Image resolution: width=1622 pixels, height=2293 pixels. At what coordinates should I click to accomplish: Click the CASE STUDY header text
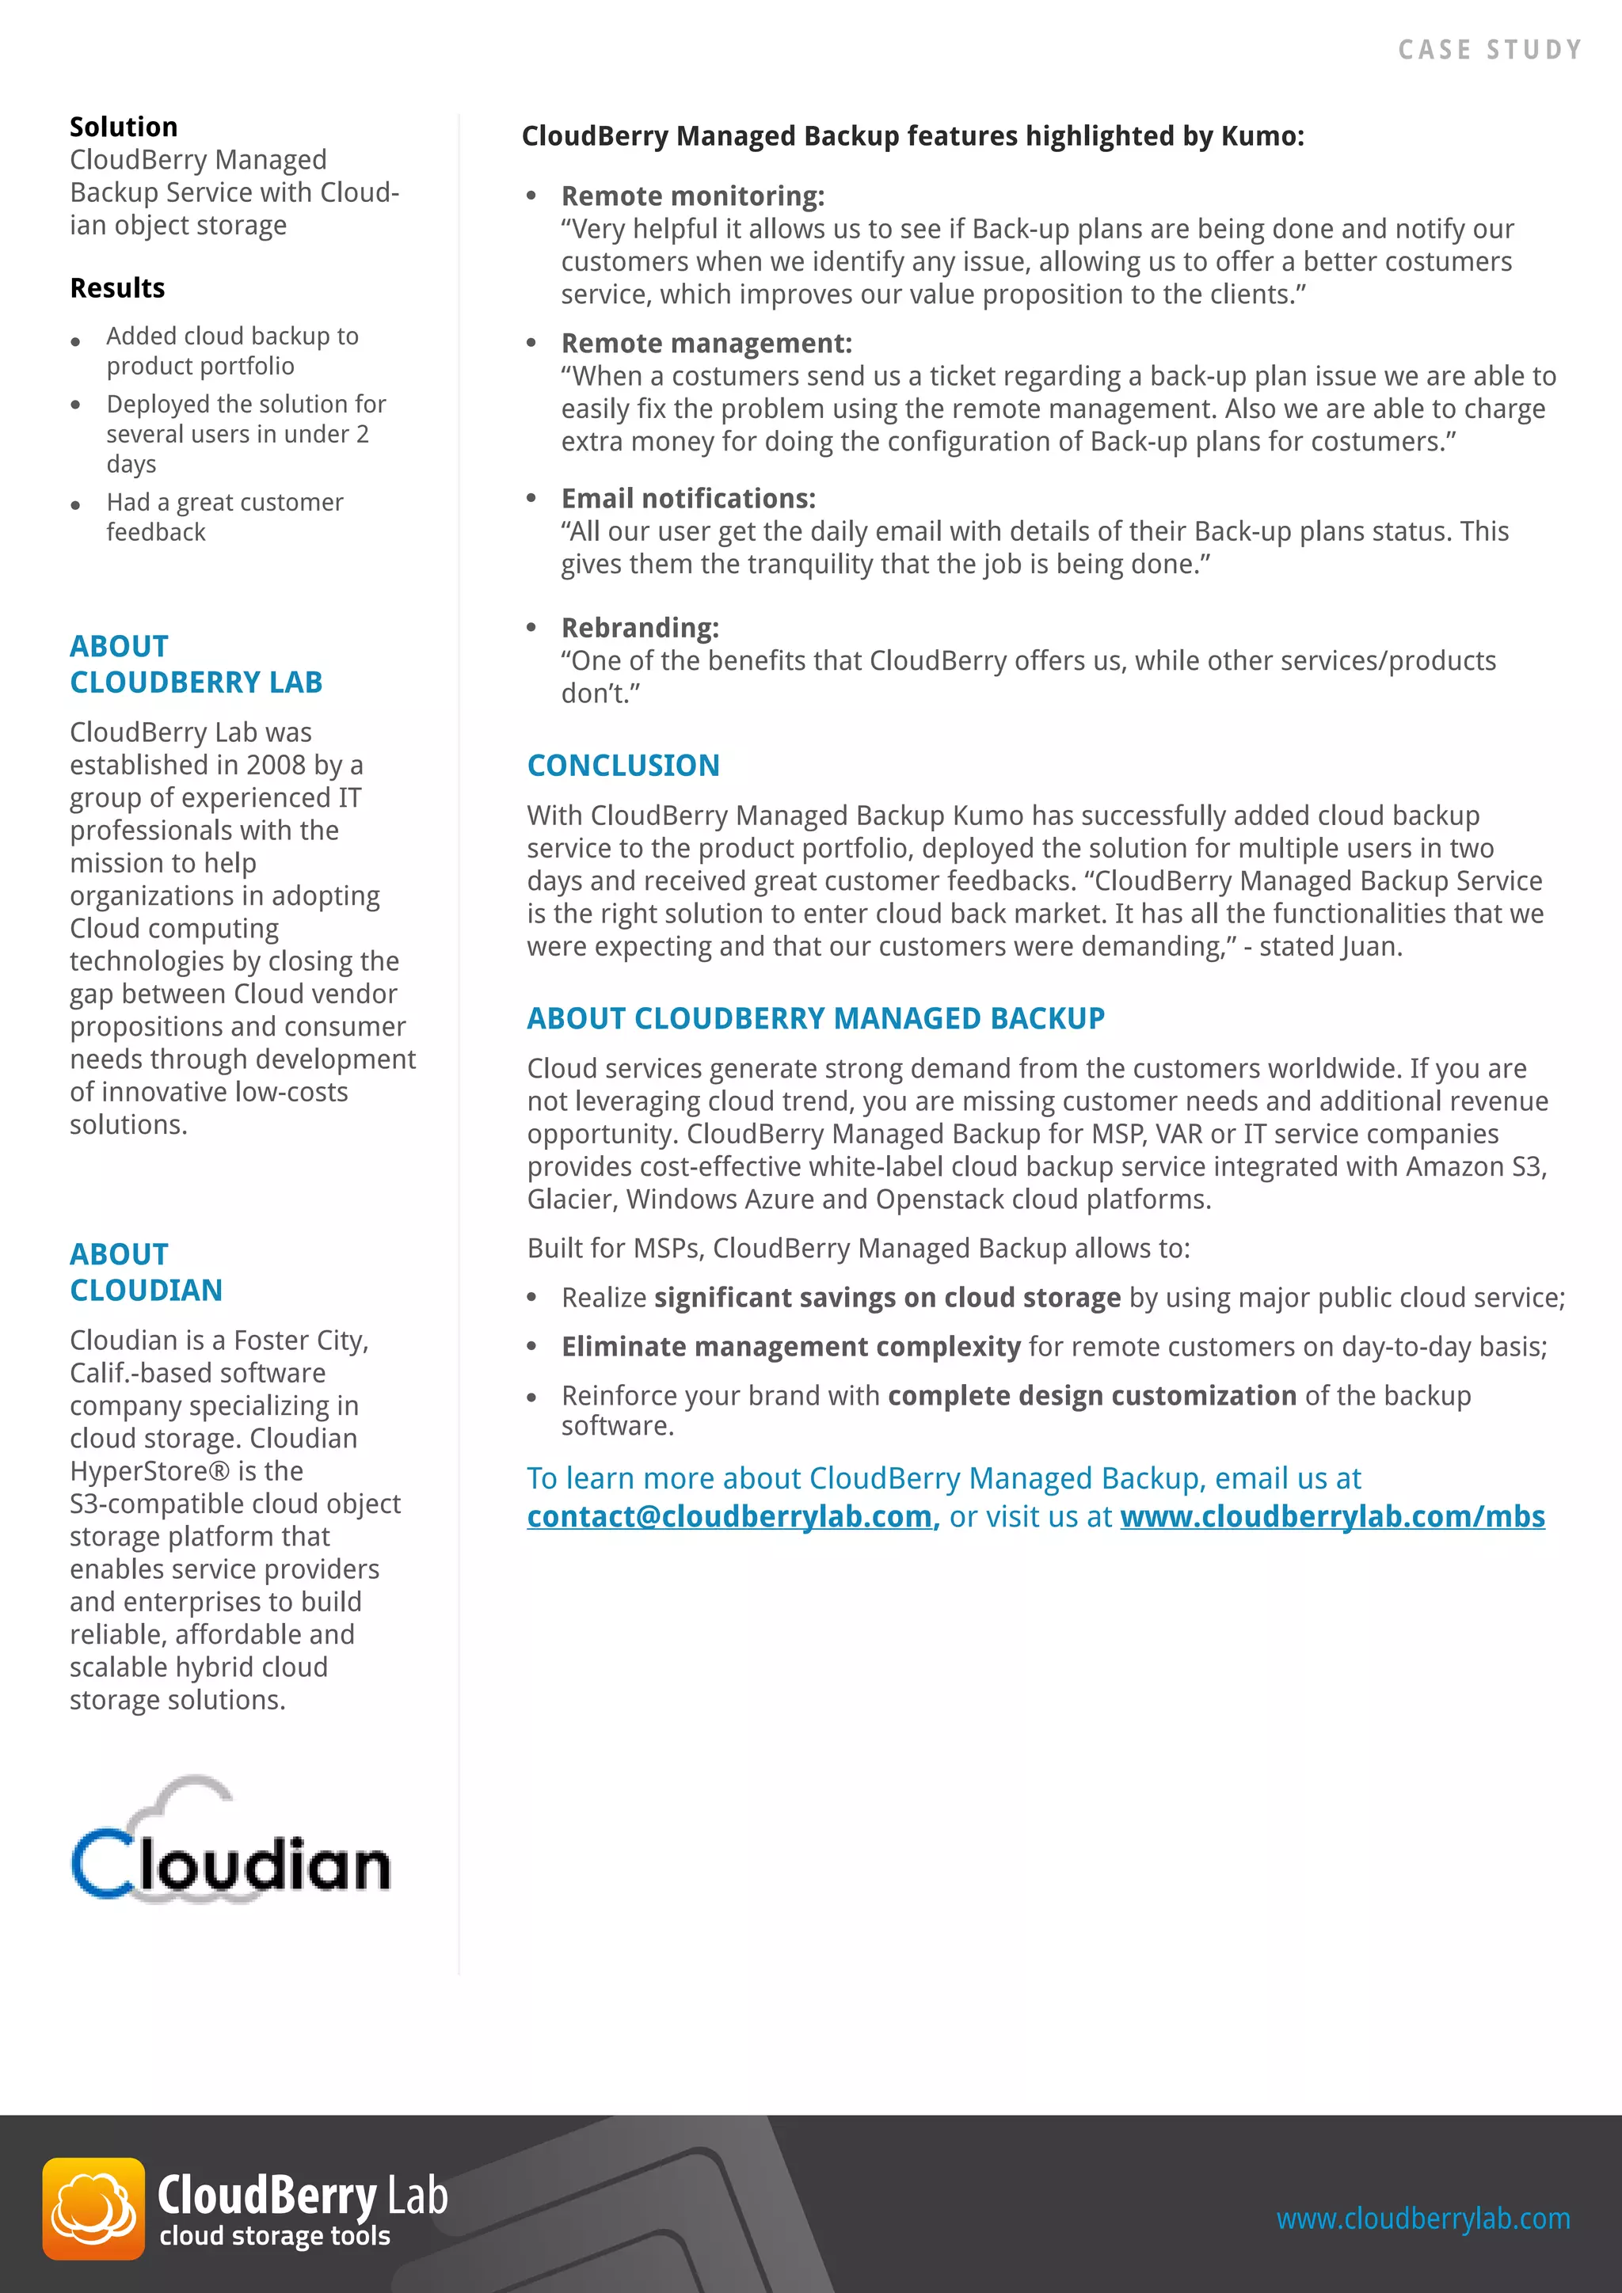(1489, 50)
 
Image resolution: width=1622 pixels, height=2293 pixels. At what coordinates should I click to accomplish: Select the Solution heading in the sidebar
(124, 127)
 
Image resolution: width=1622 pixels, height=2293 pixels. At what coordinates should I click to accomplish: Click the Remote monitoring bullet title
(692, 196)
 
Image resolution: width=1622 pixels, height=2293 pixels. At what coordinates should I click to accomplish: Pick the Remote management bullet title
(706, 343)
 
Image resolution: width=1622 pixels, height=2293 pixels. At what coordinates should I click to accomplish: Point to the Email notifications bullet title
(688, 497)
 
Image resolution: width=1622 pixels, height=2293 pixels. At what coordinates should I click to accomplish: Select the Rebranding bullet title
(639, 627)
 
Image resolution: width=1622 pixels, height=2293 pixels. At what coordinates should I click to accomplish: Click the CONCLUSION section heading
(623, 765)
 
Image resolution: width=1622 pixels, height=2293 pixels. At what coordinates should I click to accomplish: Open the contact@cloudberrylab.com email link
(732, 1516)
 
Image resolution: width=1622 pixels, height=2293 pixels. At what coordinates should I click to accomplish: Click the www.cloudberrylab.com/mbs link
(1332, 1516)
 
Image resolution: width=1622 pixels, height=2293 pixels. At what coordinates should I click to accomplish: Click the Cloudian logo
(230, 1842)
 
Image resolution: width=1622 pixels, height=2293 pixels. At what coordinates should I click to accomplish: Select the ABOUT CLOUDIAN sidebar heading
(146, 1272)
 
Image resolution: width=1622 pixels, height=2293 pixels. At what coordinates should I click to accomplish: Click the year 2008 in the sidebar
(276, 765)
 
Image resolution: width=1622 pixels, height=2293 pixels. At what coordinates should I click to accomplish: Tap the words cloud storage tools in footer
(275, 2235)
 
